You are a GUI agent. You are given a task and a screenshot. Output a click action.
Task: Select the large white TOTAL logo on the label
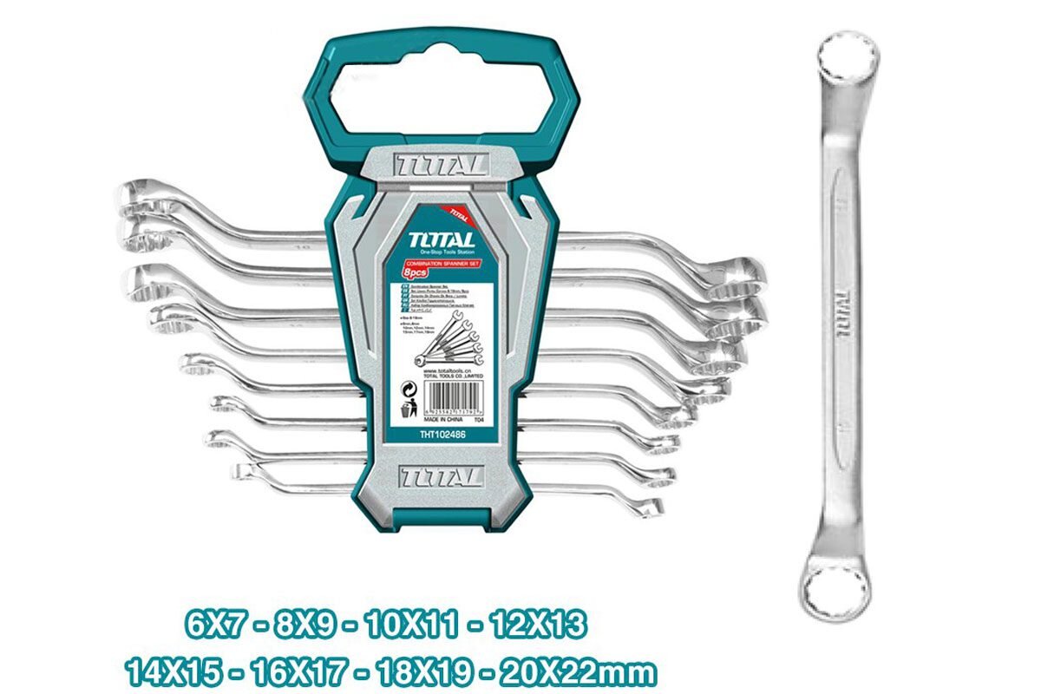click(x=442, y=239)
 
